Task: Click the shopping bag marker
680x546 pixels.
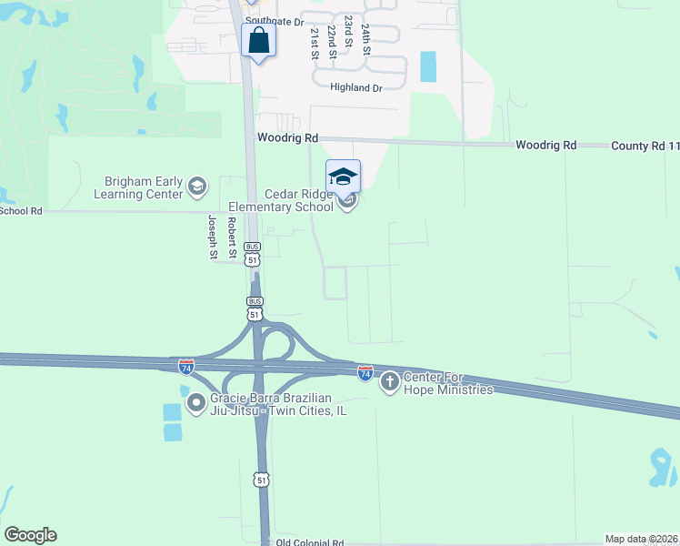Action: pos(259,42)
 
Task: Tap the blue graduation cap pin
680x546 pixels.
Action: pos(343,177)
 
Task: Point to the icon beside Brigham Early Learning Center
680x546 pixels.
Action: pos(196,187)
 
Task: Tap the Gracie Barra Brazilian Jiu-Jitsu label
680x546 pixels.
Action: pos(277,404)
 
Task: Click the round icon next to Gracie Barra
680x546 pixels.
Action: pos(195,401)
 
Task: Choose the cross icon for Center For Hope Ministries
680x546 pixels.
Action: pos(389,381)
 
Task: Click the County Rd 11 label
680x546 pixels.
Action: pos(645,146)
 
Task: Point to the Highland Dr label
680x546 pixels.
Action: pos(356,87)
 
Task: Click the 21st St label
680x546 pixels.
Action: pos(315,43)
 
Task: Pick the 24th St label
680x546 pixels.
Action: pos(365,40)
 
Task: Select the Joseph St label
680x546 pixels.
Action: pos(212,237)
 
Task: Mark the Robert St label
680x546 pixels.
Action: pos(232,237)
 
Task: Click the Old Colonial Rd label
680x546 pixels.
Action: pos(309,541)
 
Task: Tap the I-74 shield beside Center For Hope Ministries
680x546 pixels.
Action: pos(365,373)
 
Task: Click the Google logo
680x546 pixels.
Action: pos(30,535)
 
